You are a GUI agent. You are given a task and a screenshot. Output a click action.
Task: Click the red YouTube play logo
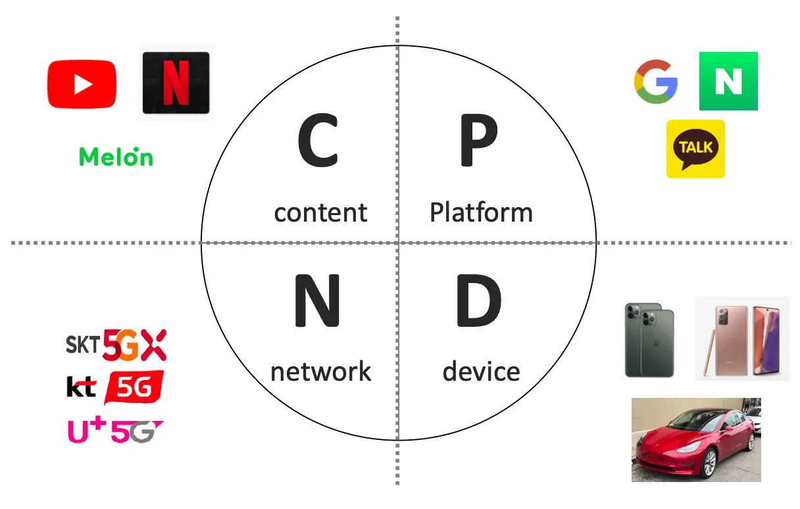(x=82, y=84)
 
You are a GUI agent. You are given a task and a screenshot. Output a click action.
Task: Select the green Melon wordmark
(x=116, y=157)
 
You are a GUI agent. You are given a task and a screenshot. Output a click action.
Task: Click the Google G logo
(x=656, y=82)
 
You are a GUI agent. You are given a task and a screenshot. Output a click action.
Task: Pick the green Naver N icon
(x=728, y=81)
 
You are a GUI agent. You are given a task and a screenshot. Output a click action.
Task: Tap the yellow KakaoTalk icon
(x=695, y=149)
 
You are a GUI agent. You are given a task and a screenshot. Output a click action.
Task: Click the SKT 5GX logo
(x=116, y=345)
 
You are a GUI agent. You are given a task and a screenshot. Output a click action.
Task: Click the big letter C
(x=318, y=141)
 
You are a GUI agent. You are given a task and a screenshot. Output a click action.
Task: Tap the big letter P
(x=478, y=141)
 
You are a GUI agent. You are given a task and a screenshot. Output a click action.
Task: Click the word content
(x=320, y=213)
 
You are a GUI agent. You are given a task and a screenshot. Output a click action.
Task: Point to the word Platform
(x=481, y=212)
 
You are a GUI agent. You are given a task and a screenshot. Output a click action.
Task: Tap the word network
(x=320, y=372)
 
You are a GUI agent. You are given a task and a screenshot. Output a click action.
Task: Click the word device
(x=481, y=372)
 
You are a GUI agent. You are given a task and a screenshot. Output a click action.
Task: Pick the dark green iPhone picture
(x=649, y=339)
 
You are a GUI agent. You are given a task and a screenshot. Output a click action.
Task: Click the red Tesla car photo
(x=696, y=439)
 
